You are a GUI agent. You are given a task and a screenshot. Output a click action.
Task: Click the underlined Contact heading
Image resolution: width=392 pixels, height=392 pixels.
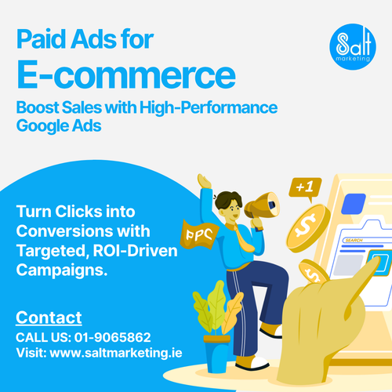pos(49,318)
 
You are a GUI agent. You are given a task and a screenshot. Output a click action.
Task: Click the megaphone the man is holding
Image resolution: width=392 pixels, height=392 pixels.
pos(262,205)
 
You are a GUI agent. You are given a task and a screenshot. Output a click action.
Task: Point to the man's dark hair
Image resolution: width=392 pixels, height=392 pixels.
pos(227,198)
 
